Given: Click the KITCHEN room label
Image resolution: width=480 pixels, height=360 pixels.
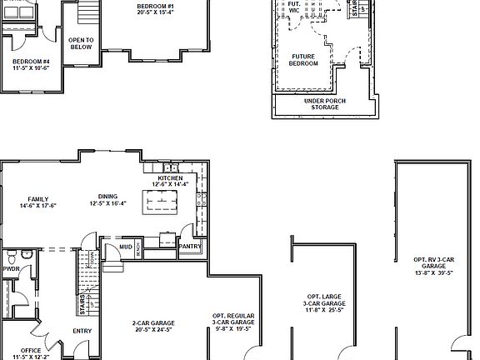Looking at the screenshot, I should [170, 177].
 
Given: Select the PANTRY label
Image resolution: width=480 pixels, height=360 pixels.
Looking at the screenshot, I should [190, 246].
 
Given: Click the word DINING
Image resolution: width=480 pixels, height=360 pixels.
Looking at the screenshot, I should [108, 197].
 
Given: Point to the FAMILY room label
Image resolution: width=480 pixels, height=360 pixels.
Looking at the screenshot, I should [37, 199].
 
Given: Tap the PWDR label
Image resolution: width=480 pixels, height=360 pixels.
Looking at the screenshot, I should [11, 269].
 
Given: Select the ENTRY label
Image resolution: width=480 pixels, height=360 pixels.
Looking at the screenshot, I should [82, 331].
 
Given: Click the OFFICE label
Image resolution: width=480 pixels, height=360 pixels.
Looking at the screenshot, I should [32, 350].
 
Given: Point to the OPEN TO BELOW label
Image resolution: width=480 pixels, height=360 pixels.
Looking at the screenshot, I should [81, 43].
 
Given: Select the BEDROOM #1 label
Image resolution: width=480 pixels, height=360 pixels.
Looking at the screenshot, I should [157, 7].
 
